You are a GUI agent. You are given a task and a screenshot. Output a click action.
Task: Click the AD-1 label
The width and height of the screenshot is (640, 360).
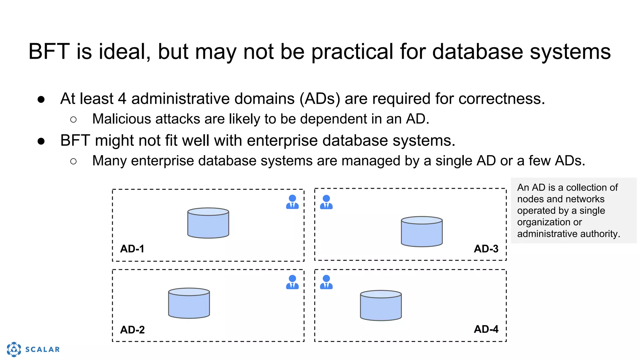132,249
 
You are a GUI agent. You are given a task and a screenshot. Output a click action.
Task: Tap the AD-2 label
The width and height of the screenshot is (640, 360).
132,330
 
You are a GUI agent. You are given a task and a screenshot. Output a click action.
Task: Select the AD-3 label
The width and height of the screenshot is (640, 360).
486,249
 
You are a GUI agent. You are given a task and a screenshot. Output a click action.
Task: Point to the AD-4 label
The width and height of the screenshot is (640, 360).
486,329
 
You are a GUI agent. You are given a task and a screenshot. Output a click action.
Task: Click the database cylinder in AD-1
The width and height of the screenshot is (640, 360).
208,223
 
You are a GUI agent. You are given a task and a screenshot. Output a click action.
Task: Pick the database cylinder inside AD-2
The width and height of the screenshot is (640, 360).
189,303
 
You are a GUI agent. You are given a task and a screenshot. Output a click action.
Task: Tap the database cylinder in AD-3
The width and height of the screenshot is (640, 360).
422,232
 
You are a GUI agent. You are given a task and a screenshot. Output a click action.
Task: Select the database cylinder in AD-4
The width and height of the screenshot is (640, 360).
381,306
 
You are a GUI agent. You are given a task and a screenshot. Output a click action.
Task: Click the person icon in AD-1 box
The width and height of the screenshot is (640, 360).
292,202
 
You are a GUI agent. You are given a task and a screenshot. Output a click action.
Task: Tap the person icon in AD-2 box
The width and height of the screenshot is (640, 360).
292,282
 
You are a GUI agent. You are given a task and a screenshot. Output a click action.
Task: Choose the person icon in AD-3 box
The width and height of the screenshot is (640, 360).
326,202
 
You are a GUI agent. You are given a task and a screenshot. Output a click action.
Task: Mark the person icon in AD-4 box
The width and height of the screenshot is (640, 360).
326,282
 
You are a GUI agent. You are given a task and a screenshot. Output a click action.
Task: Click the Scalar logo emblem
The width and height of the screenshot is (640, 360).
14,349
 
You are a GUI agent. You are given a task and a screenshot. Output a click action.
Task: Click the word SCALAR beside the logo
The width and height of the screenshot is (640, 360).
42,349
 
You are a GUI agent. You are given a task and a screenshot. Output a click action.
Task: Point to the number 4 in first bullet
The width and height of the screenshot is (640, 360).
122,99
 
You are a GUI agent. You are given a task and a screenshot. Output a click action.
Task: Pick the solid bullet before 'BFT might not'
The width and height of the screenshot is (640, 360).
41,141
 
